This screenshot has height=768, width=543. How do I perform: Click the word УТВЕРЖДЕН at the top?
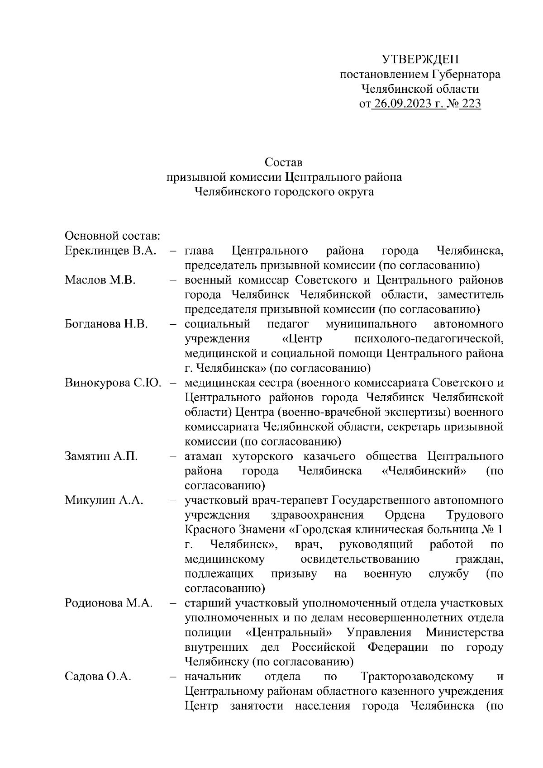tap(420, 59)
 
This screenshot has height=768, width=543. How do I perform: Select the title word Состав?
tap(284, 162)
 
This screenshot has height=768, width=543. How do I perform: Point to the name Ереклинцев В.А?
tap(110, 251)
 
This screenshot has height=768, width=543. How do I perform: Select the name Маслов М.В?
tap(100, 280)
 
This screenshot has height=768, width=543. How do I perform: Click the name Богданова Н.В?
tap(106, 324)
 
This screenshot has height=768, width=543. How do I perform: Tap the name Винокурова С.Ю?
tap(113, 383)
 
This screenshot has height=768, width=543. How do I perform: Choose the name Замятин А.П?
tap(101, 456)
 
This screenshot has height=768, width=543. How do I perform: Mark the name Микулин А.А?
tap(104, 500)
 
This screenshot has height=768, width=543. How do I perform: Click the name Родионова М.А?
tap(109, 603)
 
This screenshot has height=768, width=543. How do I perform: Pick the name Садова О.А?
tap(98, 677)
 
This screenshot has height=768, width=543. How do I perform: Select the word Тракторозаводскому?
tap(417, 677)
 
